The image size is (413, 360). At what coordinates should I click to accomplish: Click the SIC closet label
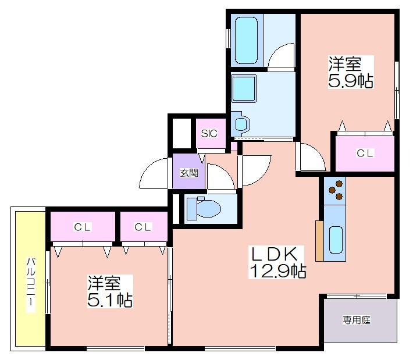pos(209,134)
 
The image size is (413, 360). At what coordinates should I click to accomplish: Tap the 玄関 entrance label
pos(189,173)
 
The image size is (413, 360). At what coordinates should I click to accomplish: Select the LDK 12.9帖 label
pos(277,262)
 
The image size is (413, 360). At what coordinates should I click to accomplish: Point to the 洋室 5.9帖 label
pos(351,72)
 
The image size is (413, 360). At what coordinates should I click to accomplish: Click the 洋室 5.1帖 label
pos(110,291)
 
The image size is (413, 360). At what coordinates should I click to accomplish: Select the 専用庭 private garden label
pos(357,320)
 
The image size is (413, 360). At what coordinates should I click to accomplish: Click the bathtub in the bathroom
pos(246,40)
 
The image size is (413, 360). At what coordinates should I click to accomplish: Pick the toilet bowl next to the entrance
pos(204,209)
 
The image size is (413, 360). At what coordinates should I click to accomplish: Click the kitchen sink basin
pos(336,240)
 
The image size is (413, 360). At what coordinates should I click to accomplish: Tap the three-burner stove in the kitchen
pos(335,190)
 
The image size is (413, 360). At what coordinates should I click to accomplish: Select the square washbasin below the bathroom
pos(244,89)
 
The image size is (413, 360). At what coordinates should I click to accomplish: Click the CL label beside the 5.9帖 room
pos(365,153)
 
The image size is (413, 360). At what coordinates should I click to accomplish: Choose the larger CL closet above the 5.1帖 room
pos(83,226)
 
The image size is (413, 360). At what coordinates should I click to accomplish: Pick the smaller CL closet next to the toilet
pos(144,226)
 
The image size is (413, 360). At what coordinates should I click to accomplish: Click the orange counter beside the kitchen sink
pos(319,241)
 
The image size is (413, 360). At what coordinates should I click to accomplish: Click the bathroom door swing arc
pos(276,50)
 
